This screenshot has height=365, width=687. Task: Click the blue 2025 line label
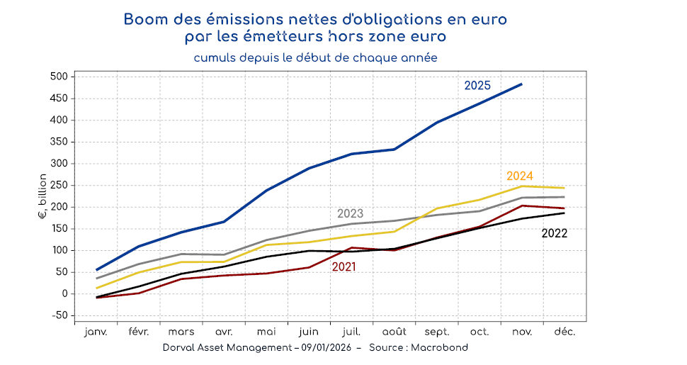(477, 86)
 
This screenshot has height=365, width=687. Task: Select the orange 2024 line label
(519, 176)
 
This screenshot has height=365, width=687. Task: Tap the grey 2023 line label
(350, 213)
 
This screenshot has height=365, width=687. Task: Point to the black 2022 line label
(555, 232)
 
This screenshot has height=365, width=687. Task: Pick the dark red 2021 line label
(343, 267)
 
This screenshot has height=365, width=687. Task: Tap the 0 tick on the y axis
(64, 293)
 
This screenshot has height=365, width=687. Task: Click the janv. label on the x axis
(96, 332)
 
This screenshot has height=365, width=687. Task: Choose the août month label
(394, 332)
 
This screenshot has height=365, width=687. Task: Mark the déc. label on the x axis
(564, 332)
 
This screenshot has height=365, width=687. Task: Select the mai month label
(266, 332)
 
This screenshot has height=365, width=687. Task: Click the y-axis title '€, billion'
(42, 196)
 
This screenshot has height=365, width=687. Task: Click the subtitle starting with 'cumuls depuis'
(315, 57)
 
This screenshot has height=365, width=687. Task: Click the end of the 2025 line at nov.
(522, 84)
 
